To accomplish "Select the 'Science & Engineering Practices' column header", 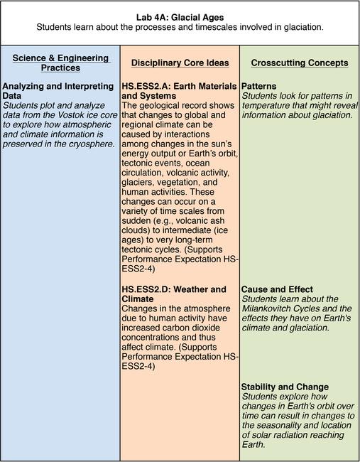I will (x=60, y=63).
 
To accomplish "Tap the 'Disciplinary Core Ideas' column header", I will (x=180, y=63).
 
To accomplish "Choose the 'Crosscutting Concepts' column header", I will (x=300, y=63).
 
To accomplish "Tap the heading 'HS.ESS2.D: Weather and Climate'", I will (x=174, y=294).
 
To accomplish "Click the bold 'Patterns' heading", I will (x=259, y=87).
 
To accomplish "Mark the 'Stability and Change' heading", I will (x=285, y=387).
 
